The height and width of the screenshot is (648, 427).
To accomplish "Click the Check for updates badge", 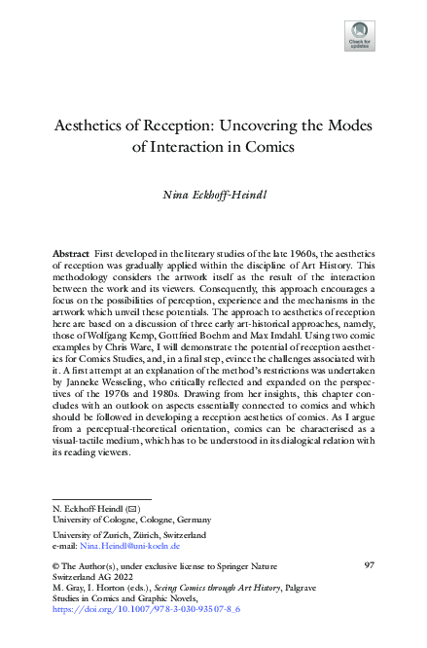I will [x=358, y=36].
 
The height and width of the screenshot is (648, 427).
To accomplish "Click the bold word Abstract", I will [x=72, y=253].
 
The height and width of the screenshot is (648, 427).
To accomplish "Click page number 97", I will [x=369, y=566].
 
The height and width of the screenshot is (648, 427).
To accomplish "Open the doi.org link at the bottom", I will [x=145, y=608].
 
